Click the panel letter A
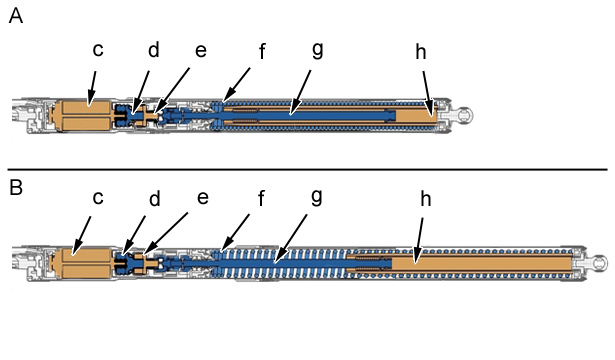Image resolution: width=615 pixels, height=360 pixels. (15, 16)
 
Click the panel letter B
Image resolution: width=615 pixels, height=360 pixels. (16, 187)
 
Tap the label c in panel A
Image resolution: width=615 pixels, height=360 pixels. (98, 50)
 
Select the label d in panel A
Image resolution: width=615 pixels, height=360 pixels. (154, 50)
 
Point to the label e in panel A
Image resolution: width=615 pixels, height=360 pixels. (201, 51)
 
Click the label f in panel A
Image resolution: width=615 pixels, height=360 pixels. (262, 51)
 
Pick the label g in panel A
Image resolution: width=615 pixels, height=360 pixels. (317, 50)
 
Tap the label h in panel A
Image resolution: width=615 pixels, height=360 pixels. (421, 52)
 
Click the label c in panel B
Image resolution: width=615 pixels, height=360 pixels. (98, 198)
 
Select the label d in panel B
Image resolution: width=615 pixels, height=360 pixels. (155, 198)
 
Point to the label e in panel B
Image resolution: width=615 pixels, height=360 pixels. (203, 198)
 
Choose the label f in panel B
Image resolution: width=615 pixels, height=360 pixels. (261, 198)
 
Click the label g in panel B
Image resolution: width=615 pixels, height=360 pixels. (316, 197)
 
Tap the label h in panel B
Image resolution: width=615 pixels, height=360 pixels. (426, 199)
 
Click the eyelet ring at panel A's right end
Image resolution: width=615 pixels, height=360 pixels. (466, 115)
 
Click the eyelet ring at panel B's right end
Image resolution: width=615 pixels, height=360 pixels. (600, 262)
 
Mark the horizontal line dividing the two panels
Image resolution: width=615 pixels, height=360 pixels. (308, 169)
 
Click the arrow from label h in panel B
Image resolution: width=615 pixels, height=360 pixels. (418, 240)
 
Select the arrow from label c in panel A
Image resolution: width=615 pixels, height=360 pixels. (91, 89)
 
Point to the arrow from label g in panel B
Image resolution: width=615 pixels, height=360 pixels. (290, 239)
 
